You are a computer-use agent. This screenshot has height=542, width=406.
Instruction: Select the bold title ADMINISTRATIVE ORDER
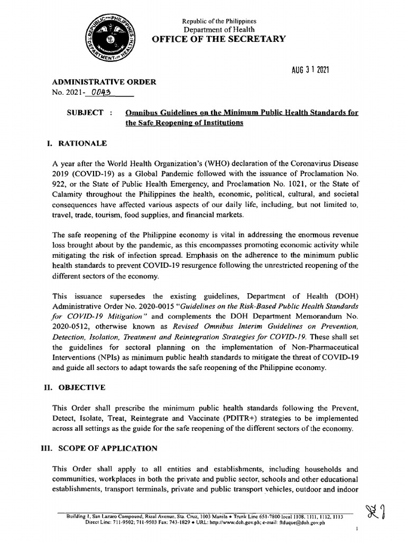pos(104,82)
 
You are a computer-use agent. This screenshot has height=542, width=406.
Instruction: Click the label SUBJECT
pos(85,113)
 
